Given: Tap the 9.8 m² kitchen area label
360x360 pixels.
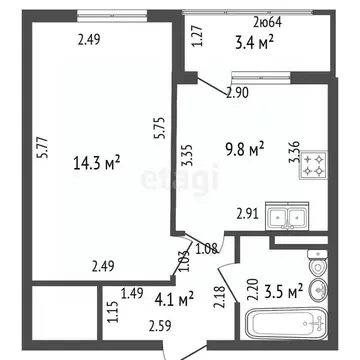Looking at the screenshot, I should coord(243,149).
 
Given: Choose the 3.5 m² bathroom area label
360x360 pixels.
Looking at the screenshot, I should coord(283,293).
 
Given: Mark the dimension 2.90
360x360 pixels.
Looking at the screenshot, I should coord(237,92).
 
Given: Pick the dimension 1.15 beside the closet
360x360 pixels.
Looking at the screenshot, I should coord(112,311).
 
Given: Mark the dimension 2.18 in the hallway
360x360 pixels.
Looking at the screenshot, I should coord(219,296).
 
